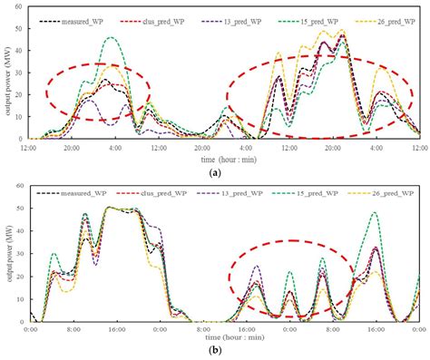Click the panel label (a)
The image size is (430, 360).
(x=215, y=171)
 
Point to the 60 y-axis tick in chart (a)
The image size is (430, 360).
(x=19, y=6)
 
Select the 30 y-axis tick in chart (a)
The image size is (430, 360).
(x=19, y=73)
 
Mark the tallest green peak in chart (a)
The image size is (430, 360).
(x=112, y=38)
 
